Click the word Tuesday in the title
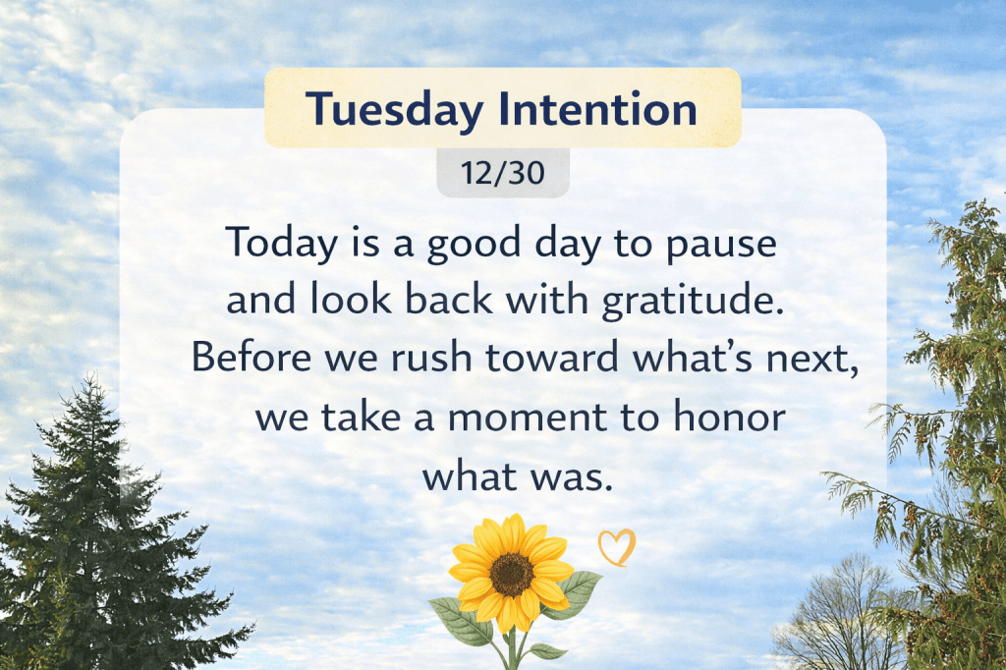pyautogui.click(x=393, y=110)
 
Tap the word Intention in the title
pyautogui.click(x=597, y=108)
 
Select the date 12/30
pyautogui.click(x=502, y=173)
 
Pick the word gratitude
pyautogui.click(x=693, y=301)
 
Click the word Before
pyautogui.click(x=251, y=357)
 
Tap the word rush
pyautogui.click(x=432, y=357)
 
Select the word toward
pyautogui.click(x=552, y=357)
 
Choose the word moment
pyautogui.click(x=527, y=418)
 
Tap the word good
pyautogui.click(x=475, y=245)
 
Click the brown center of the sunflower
pyautogui.click(x=511, y=574)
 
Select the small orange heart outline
pyautogui.click(x=617, y=547)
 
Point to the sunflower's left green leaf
pyautogui.click(x=461, y=621)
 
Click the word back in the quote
pyautogui.click(x=448, y=299)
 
